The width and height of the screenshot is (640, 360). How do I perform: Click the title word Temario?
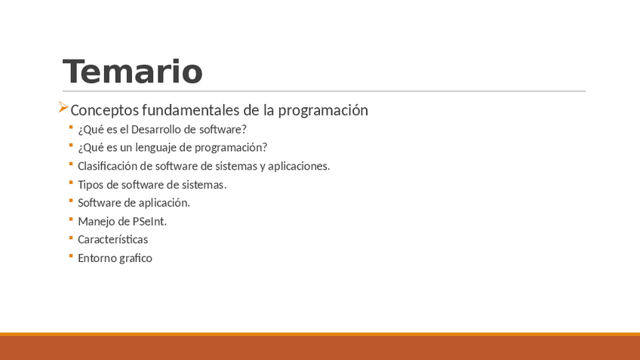(133, 72)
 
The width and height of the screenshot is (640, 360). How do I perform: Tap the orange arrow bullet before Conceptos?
(63, 107)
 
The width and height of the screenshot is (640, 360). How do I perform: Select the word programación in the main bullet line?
(323, 111)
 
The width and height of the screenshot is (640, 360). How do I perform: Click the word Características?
(112, 239)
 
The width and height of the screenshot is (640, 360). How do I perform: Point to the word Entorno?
(95, 258)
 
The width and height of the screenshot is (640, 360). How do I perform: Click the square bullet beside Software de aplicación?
(71, 201)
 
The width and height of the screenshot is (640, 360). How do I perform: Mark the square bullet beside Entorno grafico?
(71, 256)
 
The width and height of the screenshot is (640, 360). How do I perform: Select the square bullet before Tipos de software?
(71, 183)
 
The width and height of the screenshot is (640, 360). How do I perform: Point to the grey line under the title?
(324, 91)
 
